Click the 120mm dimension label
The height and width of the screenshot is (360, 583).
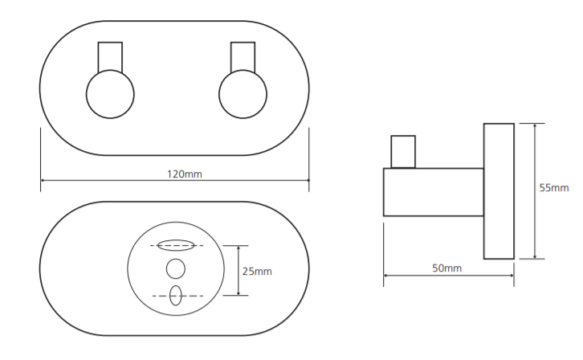click(185, 174)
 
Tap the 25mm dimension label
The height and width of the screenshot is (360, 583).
click(257, 272)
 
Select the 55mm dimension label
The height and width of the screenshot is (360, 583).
click(554, 188)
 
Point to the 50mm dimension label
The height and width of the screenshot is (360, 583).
click(447, 268)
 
